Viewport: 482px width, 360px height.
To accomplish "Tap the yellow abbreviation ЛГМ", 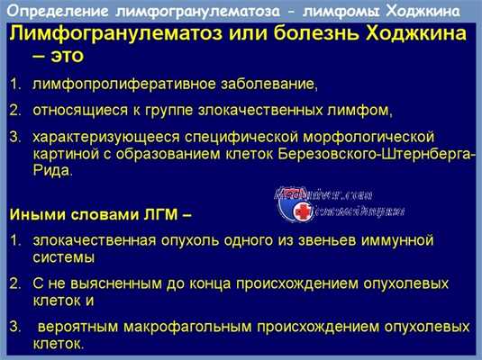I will pyautogui.click(x=149, y=216).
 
